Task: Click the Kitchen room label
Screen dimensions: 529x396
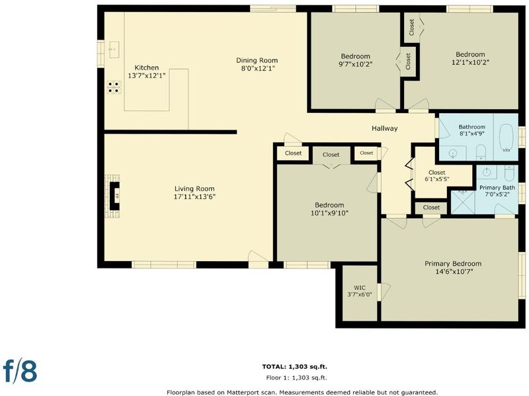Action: [146, 67]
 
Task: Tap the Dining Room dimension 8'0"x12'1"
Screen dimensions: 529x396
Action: [257, 69]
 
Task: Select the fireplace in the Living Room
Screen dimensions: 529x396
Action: [114, 196]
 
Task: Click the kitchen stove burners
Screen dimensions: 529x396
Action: [114, 87]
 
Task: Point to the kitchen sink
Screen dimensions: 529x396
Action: [114, 50]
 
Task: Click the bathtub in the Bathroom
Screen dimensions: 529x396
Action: [506, 138]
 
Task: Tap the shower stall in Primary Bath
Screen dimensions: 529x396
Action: [462, 202]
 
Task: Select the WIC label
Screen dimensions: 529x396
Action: [360, 288]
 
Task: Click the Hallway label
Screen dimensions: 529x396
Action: [385, 128]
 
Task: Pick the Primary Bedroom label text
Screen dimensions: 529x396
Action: [453, 263]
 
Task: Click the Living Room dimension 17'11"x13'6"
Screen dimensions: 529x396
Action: [194, 196]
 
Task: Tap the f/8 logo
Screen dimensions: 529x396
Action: [20, 370]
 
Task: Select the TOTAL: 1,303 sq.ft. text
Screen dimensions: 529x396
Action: [294, 367]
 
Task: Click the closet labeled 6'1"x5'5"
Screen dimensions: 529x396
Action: [437, 176]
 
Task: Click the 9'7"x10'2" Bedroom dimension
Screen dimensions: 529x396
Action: [355, 64]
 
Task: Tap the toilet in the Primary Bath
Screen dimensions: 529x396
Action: [509, 173]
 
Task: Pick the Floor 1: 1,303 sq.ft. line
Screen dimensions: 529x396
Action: [296, 377]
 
